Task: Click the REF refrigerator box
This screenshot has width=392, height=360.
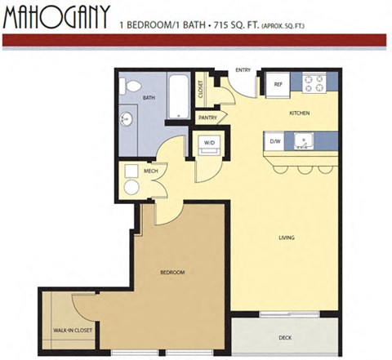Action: coord(278,84)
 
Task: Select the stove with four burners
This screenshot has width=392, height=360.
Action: coord(314,82)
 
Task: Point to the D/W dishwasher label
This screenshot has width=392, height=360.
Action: coord(275,141)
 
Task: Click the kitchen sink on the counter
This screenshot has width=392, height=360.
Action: coord(304,141)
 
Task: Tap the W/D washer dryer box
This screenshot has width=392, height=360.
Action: coord(208,144)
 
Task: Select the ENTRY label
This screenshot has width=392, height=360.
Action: coord(243,70)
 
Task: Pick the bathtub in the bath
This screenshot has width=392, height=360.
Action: coord(178,96)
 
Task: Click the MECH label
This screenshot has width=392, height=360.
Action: coord(150,171)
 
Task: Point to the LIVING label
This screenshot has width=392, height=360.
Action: coord(286,238)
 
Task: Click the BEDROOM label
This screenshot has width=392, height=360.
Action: coord(172,272)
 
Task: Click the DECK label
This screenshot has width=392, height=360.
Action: coord(285,336)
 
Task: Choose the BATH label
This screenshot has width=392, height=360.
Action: coord(149,97)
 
